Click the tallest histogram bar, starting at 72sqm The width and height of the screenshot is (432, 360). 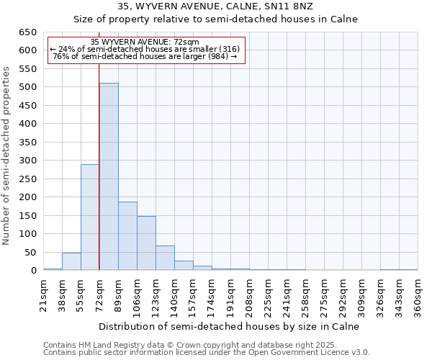click(109, 176)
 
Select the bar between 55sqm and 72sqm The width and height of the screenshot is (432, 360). click(90, 217)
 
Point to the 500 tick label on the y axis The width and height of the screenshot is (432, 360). click(28, 87)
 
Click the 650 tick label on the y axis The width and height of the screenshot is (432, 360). click(28, 32)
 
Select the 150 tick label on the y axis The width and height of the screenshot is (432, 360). click(28, 215)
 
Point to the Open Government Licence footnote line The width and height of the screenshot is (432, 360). click(207, 352)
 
